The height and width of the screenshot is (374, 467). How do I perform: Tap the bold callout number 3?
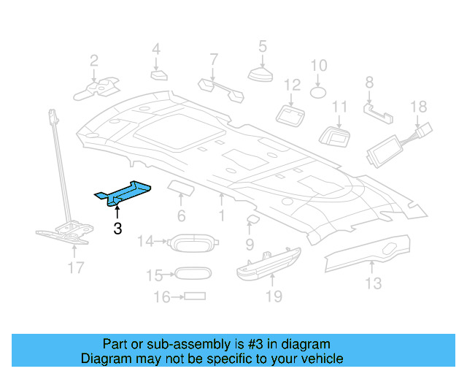click(x=117, y=229)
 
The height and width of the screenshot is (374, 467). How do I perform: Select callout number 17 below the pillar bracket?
click(x=76, y=268)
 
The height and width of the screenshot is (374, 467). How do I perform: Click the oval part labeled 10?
click(x=319, y=92)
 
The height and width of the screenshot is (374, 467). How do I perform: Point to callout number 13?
click(x=373, y=283)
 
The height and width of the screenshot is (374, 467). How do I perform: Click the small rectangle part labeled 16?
click(x=194, y=297)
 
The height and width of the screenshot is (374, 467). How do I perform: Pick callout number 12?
click(x=292, y=85)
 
